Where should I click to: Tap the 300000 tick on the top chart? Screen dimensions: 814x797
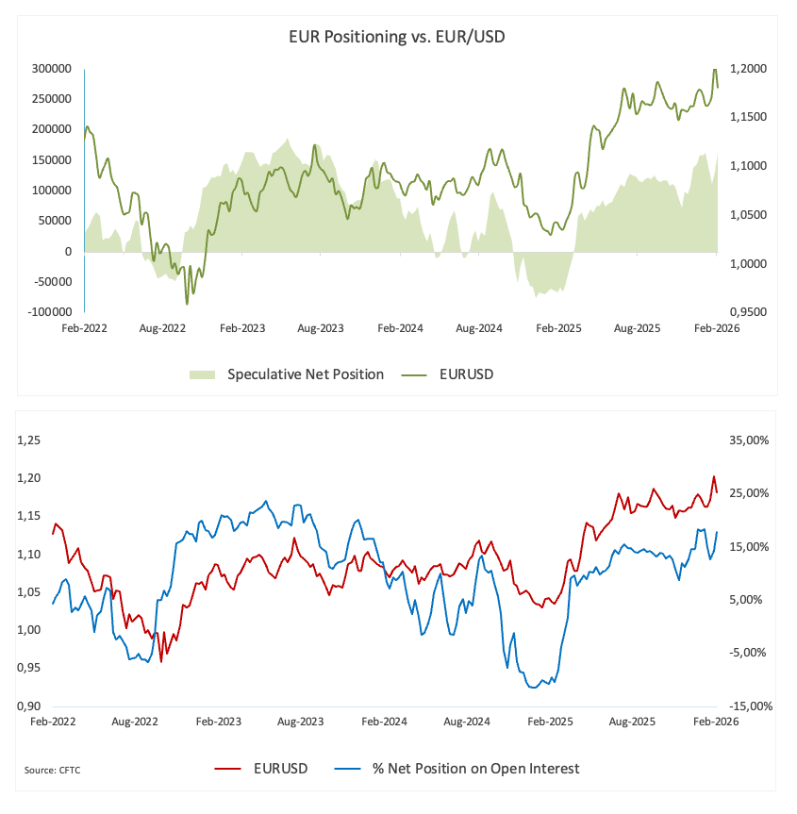click(x=52, y=69)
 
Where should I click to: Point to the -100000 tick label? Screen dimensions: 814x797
click(x=48, y=311)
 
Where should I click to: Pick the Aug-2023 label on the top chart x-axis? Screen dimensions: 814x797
click(x=320, y=329)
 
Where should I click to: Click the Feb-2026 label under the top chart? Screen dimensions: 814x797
click(x=715, y=329)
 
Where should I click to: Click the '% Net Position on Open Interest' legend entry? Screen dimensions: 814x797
click(x=472, y=768)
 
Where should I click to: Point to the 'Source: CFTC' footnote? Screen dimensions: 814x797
click(x=53, y=771)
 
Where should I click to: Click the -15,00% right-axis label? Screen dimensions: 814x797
click(x=752, y=706)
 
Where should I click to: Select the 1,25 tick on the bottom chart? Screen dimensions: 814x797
click(x=31, y=440)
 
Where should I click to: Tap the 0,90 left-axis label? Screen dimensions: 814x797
click(x=31, y=706)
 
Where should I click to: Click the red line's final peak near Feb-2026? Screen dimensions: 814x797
click(x=714, y=476)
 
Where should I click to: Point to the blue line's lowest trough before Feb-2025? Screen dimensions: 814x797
click(x=535, y=687)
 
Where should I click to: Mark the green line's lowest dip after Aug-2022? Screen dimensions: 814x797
click(x=187, y=304)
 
